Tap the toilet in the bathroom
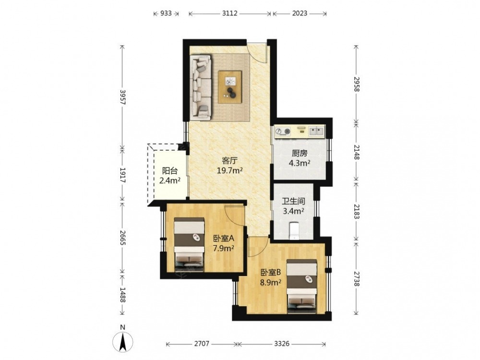[x=294, y=231]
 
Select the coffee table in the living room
[x=230, y=87]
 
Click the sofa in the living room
[x=201, y=87]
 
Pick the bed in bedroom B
[x=301, y=286]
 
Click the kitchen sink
[x=316, y=132]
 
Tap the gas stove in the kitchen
[x=283, y=132]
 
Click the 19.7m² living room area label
[x=229, y=170]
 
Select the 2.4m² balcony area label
[x=169, y=180]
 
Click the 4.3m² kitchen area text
[x=300, y=163]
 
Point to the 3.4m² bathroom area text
[x=293, y=211]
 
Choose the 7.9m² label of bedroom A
[x=224, y=248]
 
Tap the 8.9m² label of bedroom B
[x=271, y=282]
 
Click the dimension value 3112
[x=229, y=13]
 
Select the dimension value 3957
[x=122, y=97]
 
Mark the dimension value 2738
[x=356, y=279]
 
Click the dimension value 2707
[x=202, y=344]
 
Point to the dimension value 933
[x=166, y=13]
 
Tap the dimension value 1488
[x=122, y=295]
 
